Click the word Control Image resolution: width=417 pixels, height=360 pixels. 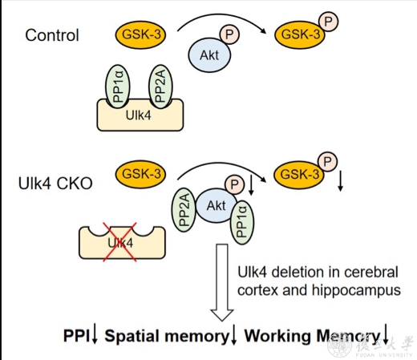pyautogui.click(x=52, y=35)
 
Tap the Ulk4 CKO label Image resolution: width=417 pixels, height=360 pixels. pyautogui.click(x=55, y=184)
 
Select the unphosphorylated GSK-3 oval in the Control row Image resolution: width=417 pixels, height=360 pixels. pyautogui.click(x=140, y=34)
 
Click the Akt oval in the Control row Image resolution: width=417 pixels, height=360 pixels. pyautogui.click(x=209, y=55)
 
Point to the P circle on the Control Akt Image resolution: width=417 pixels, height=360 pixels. pyautogui.click(x=229, y=34)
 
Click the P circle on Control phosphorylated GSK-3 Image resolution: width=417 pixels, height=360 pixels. pyautogui.click(x=328, y=22)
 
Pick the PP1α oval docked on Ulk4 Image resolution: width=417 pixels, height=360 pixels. pyautogui.click(x=118, y=87)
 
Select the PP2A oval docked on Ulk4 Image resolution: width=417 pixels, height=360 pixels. pyautogui.click(x=160, y=87)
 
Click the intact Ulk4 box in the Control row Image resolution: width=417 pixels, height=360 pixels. pyautogui.click(x=140, y=115)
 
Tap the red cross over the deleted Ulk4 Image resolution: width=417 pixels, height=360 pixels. pyautogui.click(x=120, y=242)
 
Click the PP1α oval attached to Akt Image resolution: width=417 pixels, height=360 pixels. pyautogui.click(x=242, y=223)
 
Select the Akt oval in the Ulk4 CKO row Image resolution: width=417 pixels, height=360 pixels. pyautogui.click(x=217, y=205)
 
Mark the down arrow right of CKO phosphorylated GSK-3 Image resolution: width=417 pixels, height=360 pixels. pyautogui.click(x=340, y=182)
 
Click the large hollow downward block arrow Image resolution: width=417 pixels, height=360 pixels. pyautogui.click(x=222, y=282)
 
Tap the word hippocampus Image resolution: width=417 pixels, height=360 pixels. pyautogui.click(x=356, y=290)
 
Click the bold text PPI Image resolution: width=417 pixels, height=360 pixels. pyautogui.click(x=76, y=335)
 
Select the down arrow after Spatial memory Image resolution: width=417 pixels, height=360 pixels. pyautogui.click(x=233, y=334)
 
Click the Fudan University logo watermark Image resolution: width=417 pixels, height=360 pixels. pyautogui.click(x=370, y=346)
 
